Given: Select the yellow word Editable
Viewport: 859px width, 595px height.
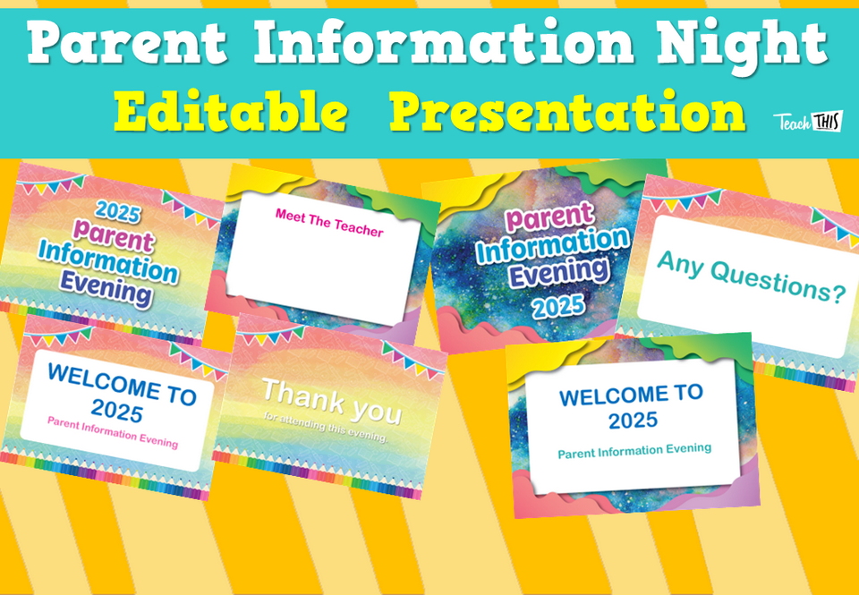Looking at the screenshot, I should (x=230, y=113).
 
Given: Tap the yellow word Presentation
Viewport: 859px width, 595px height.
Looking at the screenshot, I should (x=567, y=113).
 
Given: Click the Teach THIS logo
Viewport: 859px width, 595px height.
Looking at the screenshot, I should (x=807, y=123).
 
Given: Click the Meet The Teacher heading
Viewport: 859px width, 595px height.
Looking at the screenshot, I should (x=329, y=225).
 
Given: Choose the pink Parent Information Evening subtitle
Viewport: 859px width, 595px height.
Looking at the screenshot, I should (x=113, y=433).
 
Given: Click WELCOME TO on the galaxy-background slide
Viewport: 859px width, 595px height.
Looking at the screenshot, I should (x=631, y=394).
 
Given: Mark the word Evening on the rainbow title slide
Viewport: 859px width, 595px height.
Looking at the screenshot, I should (x=106, y=287).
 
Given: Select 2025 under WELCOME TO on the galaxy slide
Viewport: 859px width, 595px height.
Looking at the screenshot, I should (x=634, y=420).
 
